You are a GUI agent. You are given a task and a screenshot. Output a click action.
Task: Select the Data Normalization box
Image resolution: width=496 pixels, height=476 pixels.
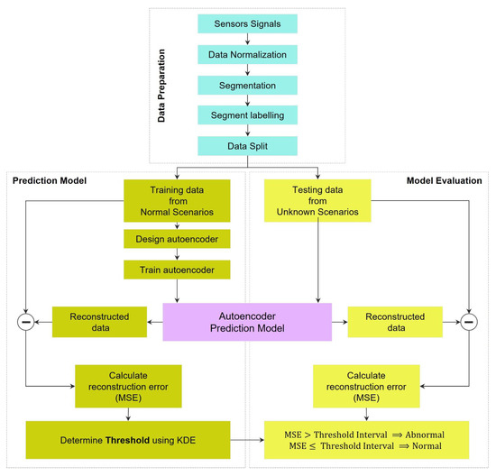tap(248, 54)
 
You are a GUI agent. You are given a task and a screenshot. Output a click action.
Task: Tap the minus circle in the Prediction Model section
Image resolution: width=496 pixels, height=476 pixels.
tap(26, 322)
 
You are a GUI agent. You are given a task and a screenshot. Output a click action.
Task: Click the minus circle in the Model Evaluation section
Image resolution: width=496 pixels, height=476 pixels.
tap(467, 322)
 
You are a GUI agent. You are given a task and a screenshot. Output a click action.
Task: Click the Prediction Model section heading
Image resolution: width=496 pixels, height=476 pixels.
tap(50, 180)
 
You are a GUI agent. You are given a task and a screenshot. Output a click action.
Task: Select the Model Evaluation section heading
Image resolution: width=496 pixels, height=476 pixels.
tap(443, 180)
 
